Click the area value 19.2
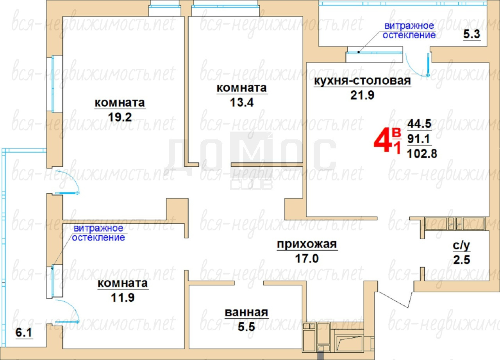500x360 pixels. (x=120, y=117)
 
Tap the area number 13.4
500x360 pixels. (x=242, y=103)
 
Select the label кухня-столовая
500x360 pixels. (x=362, y=81)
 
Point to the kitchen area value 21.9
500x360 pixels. (x=362, y=95)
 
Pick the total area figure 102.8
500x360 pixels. (x=422, y=154)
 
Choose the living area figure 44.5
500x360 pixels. (x=420, y=124)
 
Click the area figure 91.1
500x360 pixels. (x=418, y=139)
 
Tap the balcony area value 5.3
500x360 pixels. (x=471, y=34)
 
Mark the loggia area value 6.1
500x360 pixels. (x=24, y=333)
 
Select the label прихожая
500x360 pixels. (x=307, y=244)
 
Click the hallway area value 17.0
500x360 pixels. (x=307, y=259)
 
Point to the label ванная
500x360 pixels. (x=246, y=312)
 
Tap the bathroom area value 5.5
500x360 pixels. (x=246, y=327)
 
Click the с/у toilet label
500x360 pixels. (x=461, y=246)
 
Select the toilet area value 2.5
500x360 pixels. (x=462, y=260)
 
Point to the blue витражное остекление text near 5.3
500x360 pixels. (x=409, y=30)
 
